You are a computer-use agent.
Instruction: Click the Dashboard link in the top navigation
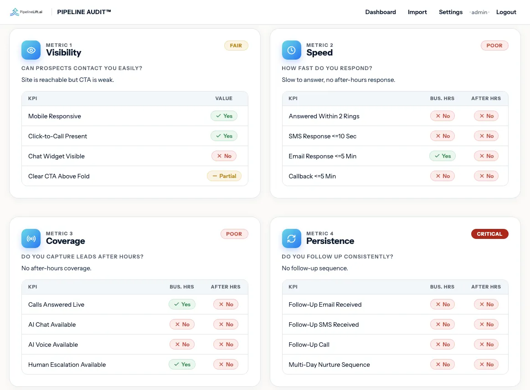click(380, 12)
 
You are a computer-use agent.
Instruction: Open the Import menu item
click(417, 12)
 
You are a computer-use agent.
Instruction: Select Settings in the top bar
click(451, 12)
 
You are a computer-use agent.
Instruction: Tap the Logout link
click(506, 12)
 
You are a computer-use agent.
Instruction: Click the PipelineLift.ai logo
click(26, 12)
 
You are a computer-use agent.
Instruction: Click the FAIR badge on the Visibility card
click(236, 46)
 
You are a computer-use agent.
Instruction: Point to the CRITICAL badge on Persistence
click(489, 234)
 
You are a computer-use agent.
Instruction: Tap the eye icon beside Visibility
click(31, 50)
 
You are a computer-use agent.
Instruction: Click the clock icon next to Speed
click(291, 50)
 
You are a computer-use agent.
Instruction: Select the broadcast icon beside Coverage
click(31, 238)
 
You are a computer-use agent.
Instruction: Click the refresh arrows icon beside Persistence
click(291, 238)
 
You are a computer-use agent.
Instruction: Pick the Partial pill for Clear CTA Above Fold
click(224, 176)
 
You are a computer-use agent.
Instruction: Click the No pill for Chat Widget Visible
click(224, 156)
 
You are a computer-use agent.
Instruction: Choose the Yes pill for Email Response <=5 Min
click(443, 156)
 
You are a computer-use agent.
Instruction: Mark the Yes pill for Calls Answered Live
click(182, 304)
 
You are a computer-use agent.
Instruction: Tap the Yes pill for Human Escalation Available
click(182, 365)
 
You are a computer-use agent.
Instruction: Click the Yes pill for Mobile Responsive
click(224, 116)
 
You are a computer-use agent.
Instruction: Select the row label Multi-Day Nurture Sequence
click(329, 365)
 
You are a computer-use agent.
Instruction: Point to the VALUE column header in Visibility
click(224, 99)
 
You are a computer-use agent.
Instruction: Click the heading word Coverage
click(66, 241)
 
